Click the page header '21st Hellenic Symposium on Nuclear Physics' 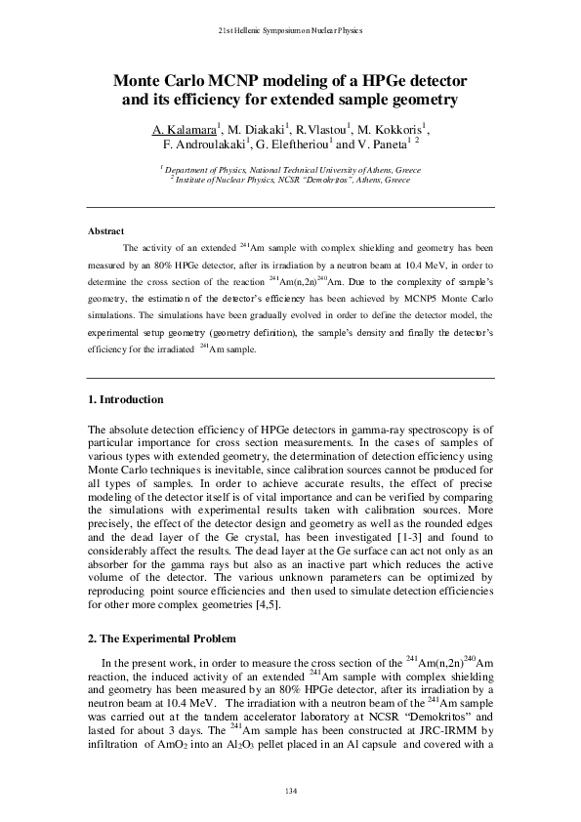coord(290,31)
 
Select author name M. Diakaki coord(254,130)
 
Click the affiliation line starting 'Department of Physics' coord(292,169)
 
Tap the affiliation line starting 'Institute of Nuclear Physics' coord(292,180)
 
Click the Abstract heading coord(105,231)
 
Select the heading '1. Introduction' coord(125,400)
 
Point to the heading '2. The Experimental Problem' coord(161,638)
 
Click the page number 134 coord(290,789)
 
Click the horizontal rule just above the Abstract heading coord(290,208)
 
